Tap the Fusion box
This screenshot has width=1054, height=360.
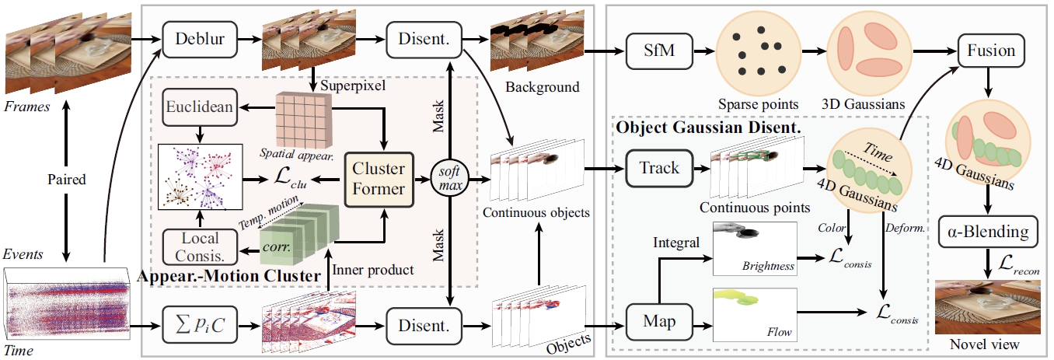point(991,51)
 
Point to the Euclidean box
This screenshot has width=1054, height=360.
point(199,107)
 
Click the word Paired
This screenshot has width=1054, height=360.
point(66,179)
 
